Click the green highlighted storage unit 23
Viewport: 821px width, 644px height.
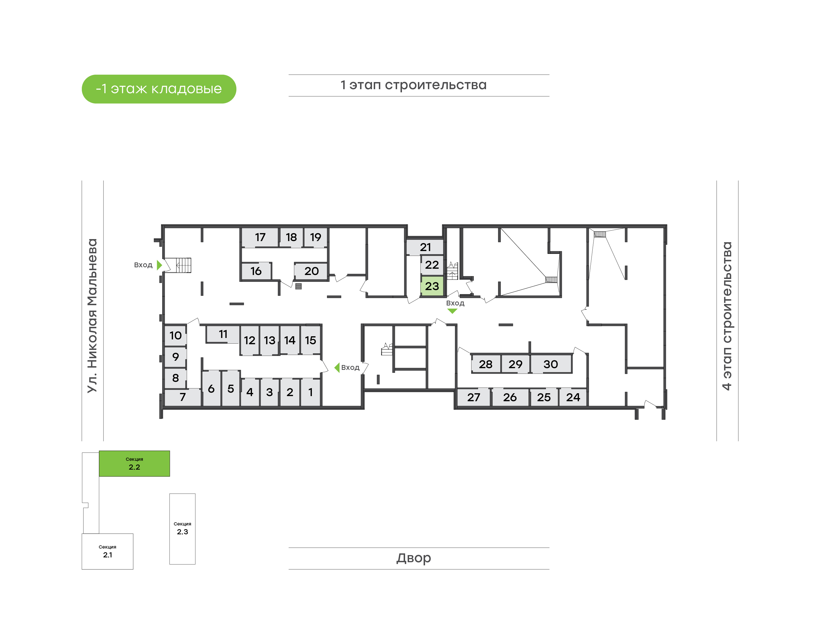pyautogui.click(x=432, y=286)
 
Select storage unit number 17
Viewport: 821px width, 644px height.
pyautogui.click(x=260, y=237)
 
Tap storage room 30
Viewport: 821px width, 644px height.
pyautogui.click(x=550, y=364)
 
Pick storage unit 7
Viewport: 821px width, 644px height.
pyautogui.click(x=182, y=397)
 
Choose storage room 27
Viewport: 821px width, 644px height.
pyautogui.click(x=474, y=397)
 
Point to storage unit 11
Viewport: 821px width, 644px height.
pyautogui.click(x=223, y=334)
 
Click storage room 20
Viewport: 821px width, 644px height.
pyautogui.click(x=311, y=271)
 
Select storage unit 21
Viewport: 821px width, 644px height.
pyautogui.click(x=425, y=247)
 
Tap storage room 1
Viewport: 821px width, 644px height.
pyautogui.click(x=310, y=392)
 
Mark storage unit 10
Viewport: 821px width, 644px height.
pyautogui.click(x=175, y=335)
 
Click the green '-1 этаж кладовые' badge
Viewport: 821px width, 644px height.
pyautogui.click(x=159, y=89)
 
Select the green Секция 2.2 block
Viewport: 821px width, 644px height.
pyautogui.click(x=134, y=463)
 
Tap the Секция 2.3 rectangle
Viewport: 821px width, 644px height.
pyautogui.click(x=182, y=529)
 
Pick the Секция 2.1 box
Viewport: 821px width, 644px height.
pyautogui.click(x=107, y=551)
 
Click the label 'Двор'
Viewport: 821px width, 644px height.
pyautogui.click(x=414, y=558)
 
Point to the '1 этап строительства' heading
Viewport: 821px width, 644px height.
pyautogui.click(x=414, y=85)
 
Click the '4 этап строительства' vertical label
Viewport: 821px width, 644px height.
pyautogui.click(x=727, y=316)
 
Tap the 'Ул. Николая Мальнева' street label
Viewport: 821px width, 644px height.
pyautogui.click(x=92, y=316)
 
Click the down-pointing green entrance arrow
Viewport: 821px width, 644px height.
pyautogui.click(x=452, y=311)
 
